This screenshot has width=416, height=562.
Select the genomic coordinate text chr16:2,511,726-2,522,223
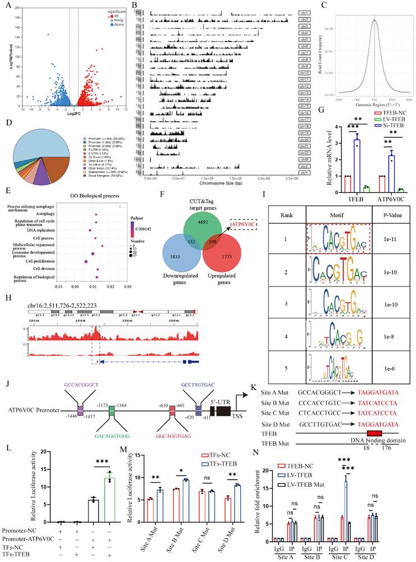pyautogui.click(x=71, y=305)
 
